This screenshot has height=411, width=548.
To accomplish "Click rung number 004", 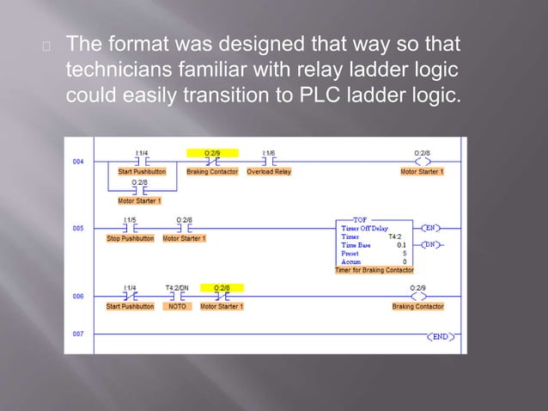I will tap(78, 161).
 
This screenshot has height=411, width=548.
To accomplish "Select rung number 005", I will tap(78, 228).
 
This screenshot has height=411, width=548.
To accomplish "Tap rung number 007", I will tap(78, 334).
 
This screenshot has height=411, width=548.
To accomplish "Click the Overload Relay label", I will tap(269, 172).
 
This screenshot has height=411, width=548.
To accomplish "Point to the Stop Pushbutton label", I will tap(131, 238).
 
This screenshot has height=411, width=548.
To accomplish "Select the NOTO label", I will tap(176, 306).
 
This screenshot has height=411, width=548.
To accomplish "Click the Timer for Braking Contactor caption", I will tap(374, 270).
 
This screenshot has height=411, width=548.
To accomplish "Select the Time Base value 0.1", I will tap(401, 245).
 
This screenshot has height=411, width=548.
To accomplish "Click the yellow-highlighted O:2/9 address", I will tap(213, 153).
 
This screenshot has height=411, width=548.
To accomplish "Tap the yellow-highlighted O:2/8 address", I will tap(222, 288).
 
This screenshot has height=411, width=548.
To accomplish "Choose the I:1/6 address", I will tap(269, 153).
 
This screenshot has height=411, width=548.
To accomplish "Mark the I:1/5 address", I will tap(130, 220).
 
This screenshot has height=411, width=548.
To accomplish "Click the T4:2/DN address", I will tap(177, 288).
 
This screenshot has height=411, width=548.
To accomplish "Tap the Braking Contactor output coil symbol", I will tap(417, 296).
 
